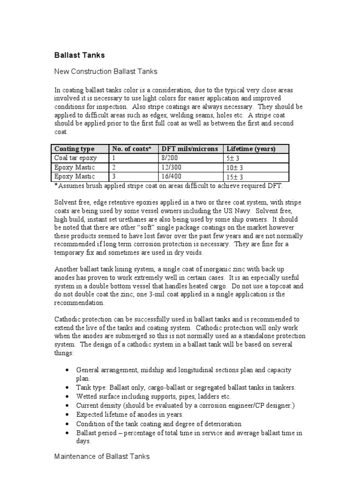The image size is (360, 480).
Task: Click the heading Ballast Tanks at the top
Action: pos(80,55)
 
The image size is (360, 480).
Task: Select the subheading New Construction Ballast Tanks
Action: pos(106,72)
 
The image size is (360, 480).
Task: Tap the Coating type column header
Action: pos(75,149)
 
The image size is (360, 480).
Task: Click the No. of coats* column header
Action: pos(132,149)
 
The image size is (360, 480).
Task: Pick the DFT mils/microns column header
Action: pos(189,149)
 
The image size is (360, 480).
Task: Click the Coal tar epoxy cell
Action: pos(76,158)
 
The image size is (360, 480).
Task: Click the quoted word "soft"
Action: pos(151,227)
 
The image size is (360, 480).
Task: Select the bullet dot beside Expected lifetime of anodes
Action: pos(68,415)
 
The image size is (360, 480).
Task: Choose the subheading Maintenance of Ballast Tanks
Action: pos(102,456)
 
